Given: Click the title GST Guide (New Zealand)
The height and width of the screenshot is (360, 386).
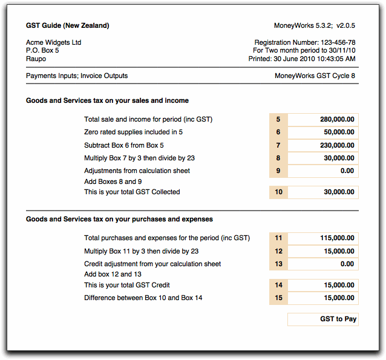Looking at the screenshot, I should click(x=68, y=26).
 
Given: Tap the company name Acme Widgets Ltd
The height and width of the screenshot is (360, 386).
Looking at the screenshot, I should click(x=54, y=43).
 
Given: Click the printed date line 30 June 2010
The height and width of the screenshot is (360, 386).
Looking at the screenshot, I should click(x=302, y=59).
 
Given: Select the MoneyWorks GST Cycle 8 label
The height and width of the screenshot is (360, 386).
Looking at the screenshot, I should click(x=315, y=76).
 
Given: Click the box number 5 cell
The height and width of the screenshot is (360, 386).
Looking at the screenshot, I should click(x=278, y=120).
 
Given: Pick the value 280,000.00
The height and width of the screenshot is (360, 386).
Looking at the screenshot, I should click(x=324, y=120).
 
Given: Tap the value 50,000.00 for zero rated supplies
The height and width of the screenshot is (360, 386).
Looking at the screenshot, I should click(x=324, y=133).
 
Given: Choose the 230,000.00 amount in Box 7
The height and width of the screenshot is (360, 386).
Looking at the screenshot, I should click(x=324, y=145).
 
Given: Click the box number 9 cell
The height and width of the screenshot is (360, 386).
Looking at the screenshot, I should click(x=278, y=171).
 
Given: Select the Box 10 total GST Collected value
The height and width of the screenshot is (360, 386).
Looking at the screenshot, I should click(x=324, y=192).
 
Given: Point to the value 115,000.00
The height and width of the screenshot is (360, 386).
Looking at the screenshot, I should click(x=324, y=238).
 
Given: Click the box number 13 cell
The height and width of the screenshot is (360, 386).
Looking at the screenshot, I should click(x=278, y=264).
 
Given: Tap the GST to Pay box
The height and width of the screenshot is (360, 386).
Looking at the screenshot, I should click(x=324, y=319).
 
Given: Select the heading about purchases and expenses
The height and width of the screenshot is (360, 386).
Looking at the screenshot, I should click(x=119, y=219).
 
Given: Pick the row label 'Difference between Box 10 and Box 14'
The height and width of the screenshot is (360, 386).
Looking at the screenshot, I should click(x=143, y=298).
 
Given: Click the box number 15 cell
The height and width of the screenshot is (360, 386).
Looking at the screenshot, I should click(x=278, y=298).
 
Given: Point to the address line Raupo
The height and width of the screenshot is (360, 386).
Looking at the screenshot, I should click(x=36, y=59).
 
